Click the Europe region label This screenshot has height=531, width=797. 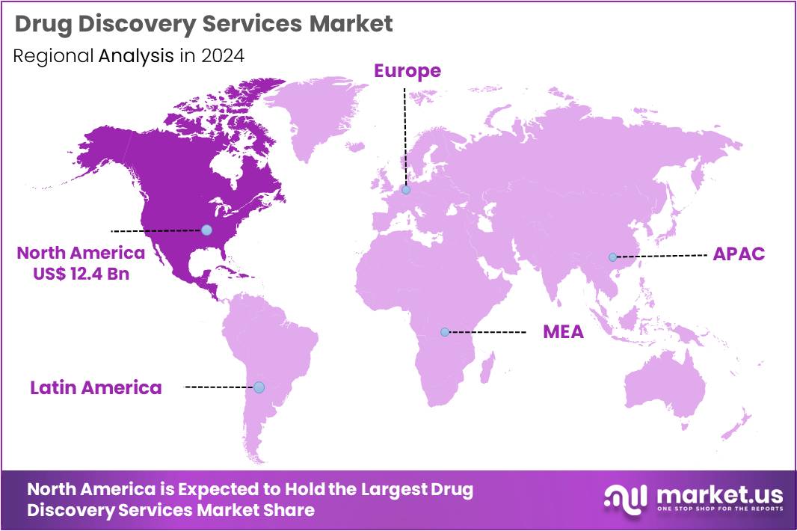[407, 71]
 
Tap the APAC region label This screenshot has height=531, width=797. [739, 254]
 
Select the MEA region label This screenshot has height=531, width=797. [563, 331]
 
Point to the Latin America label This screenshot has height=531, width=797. [96, 387]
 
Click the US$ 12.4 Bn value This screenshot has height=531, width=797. [81, 273]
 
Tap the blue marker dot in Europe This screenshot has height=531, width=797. [405, 190]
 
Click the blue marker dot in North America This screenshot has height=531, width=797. [206, 230]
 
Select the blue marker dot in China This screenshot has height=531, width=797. [612, 257]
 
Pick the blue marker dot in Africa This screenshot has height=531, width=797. [445, 331]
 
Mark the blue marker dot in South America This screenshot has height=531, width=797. [259, 387]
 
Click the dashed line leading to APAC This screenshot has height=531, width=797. [662, 256]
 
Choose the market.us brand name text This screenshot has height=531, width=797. [719, 494]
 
